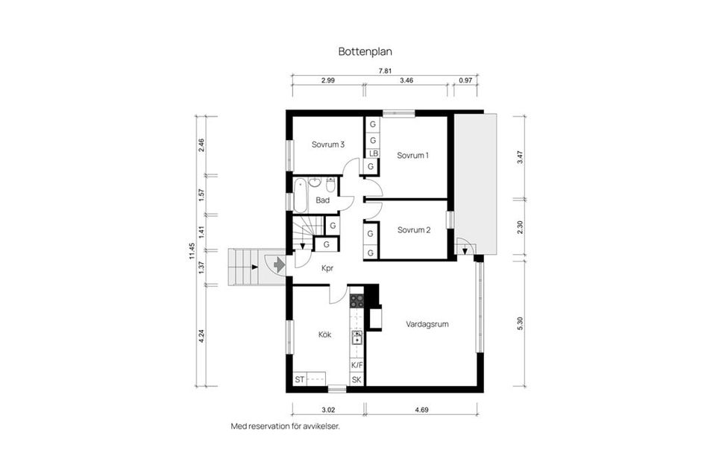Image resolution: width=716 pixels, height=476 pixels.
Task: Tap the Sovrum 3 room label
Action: coord(327,145)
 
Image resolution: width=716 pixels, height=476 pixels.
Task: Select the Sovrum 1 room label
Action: coord(412,156)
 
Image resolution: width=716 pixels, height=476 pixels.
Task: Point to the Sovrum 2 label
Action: coord(413,230)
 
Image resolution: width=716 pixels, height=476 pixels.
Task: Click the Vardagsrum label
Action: coord(427,325)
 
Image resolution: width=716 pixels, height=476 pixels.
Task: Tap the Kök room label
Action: coord(324,335)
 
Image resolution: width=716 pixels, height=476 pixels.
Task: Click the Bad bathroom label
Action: coord(322,200)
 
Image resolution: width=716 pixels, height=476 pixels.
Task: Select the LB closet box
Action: coord(371,153)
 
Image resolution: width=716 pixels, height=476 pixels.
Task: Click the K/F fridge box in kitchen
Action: coord(357,365)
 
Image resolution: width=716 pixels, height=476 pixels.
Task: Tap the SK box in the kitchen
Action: coord(357,380)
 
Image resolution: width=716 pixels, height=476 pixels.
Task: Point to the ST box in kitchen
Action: coord(299,380)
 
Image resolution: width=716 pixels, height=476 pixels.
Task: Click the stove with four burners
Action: coord(357,301)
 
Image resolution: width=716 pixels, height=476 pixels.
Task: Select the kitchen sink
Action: coord(357,337)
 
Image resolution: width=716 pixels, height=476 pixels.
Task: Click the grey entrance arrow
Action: coord(277,264)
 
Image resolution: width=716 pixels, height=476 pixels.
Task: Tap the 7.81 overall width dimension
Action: coord(385,71)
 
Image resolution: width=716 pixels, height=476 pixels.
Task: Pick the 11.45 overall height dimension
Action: coord(192,251)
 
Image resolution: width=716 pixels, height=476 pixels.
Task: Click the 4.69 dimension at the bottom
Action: coord(421,409)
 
